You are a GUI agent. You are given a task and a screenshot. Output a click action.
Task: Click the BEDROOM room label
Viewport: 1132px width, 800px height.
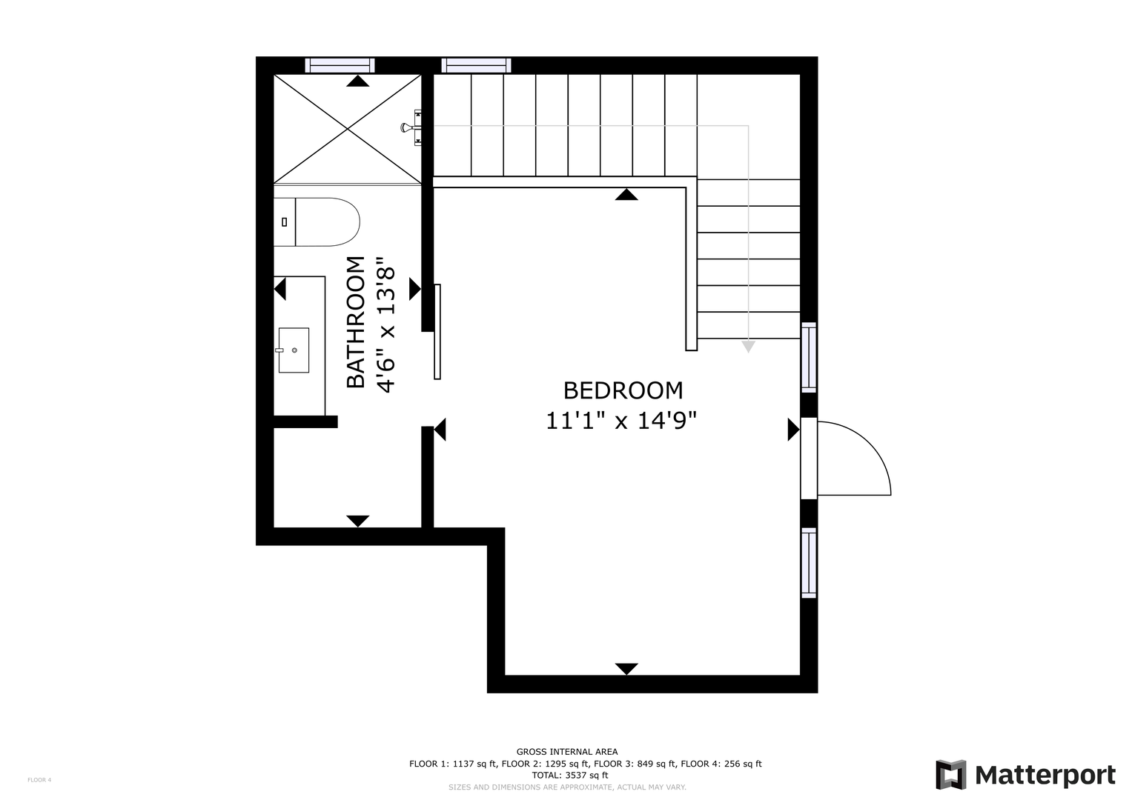pos(623,391)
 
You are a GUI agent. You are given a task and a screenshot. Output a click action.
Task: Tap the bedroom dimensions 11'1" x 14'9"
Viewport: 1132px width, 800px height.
pos(621,421)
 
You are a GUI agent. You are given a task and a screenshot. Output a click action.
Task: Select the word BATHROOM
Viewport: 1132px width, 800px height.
pos(356,322)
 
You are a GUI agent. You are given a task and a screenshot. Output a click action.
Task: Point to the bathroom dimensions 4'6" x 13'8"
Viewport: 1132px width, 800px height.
pos(385,325)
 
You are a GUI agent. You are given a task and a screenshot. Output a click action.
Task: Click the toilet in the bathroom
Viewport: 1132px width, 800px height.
pos(317,221)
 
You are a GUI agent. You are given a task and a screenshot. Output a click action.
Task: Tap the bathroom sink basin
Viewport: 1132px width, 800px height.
pos(294,350)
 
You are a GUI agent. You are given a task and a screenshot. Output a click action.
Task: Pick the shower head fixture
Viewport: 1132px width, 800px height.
pos(411,127)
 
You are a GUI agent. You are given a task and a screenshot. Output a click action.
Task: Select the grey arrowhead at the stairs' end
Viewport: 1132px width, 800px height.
pos(748,347)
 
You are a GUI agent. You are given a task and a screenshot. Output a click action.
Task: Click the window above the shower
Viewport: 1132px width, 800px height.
pos(340,66)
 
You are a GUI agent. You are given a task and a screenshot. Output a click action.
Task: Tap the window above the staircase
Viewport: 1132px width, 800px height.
pos(476,66)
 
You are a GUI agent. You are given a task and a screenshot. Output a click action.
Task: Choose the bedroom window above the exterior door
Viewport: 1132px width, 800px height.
pos(809,358)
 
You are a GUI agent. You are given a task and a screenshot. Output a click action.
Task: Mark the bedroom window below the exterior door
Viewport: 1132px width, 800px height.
pos(809,563)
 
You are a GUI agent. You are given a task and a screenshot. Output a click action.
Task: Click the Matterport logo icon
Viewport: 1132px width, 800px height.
pos(950,774)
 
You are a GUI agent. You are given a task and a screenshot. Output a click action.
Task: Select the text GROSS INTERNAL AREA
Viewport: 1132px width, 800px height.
pos(567,752)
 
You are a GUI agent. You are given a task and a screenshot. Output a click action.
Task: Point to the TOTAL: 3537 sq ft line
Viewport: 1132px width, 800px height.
pos(570,776)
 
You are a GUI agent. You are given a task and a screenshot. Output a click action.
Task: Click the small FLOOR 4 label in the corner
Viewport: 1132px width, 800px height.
pos(39,780)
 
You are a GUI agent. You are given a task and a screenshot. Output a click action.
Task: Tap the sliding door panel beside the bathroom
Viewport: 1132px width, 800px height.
pos(437,332)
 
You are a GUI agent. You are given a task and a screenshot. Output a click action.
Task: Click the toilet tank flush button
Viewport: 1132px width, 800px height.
pos(285,221)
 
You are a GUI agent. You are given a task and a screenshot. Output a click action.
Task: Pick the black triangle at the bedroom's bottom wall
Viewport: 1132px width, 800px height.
pos(626,669)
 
